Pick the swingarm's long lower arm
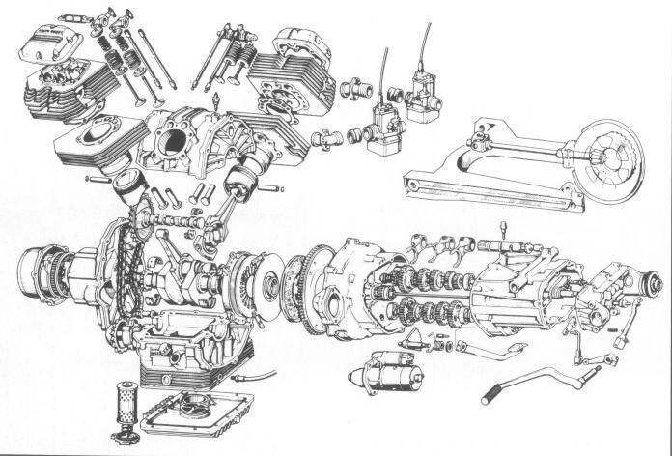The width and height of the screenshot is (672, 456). [492, 190]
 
